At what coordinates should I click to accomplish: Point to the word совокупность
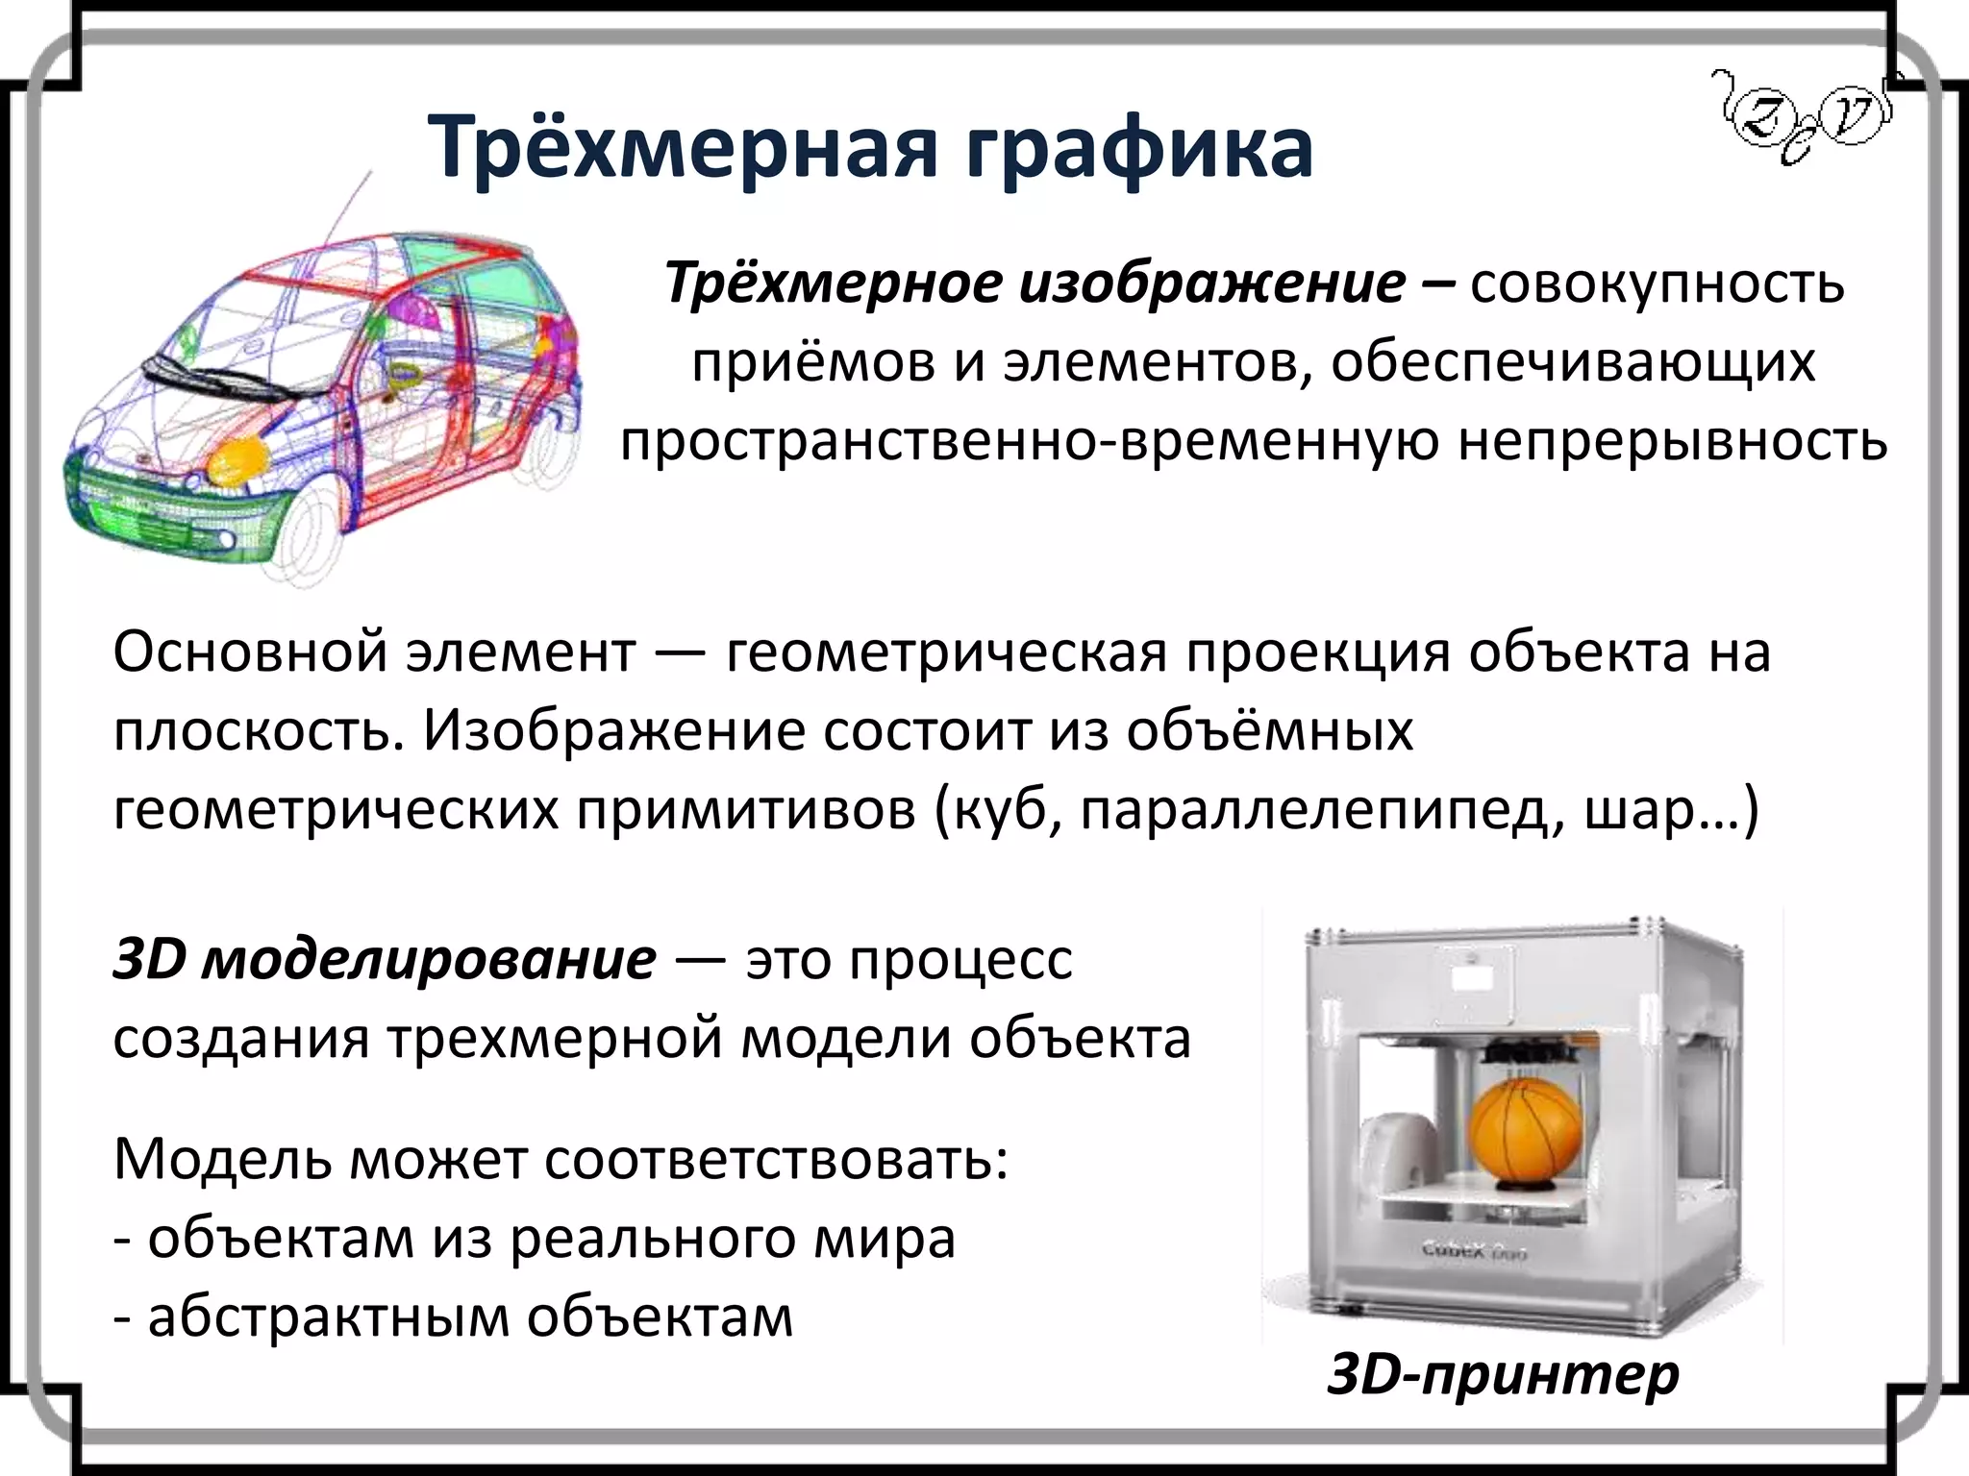click(1657, 284)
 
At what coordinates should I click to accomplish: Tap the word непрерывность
click(1673, 442)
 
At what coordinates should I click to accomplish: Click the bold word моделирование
click(429, 960)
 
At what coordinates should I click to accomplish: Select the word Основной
click(251, 653)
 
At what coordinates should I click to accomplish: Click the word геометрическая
click(946, 653)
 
